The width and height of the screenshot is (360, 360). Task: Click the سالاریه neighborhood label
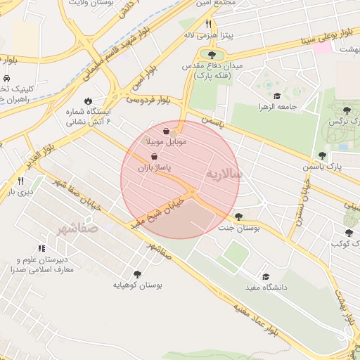tap(225, 173)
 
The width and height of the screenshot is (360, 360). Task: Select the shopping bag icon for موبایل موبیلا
tap(166, 131)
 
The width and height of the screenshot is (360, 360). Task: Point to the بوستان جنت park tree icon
tap(239, 217)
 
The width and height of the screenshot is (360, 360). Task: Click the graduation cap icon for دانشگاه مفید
tap(266, 276)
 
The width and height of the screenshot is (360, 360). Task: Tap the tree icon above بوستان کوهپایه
tap(136, 274)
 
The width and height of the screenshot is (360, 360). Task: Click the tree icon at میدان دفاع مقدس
tap(212, 54)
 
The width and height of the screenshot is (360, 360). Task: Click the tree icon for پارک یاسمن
tap(322, 155)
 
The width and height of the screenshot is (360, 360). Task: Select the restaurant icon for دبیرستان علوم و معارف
tap(41, 248)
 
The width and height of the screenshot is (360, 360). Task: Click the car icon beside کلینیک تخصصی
tap(6, 78)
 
